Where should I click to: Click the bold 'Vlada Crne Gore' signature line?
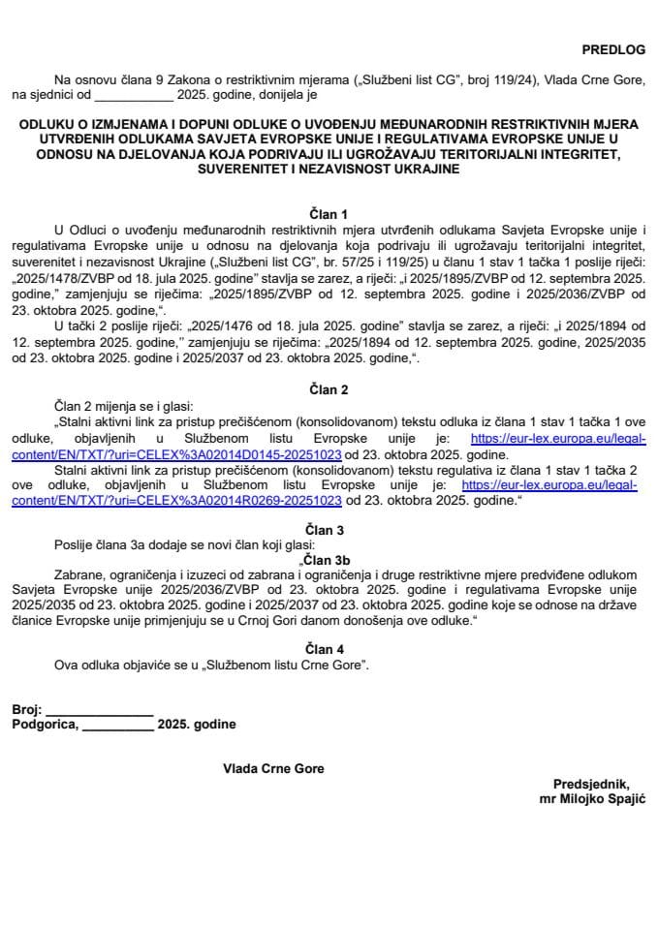[x=273, y=768]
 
